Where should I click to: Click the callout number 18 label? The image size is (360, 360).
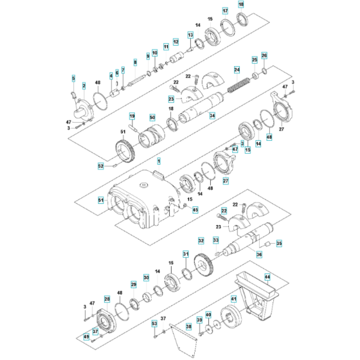pos(241,5)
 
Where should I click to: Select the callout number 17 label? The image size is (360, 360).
pos(225,12)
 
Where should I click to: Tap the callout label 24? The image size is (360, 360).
pos(237,69)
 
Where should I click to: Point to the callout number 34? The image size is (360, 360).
pos(212,116)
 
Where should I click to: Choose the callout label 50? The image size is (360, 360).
pos(152,117)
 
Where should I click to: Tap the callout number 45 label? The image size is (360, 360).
pos(195,210)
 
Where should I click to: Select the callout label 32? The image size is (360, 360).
pos(201,240)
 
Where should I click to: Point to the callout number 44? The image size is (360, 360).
pos(285,276)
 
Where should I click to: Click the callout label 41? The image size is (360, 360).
pos(234,298)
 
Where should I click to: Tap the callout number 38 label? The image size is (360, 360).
pos(188,327)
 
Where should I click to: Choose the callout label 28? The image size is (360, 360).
pos(107,300)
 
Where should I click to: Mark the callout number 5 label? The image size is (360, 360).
pos(73,78)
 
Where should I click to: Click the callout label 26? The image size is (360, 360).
pos(264,56)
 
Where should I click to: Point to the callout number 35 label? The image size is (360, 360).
pos(278,244)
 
